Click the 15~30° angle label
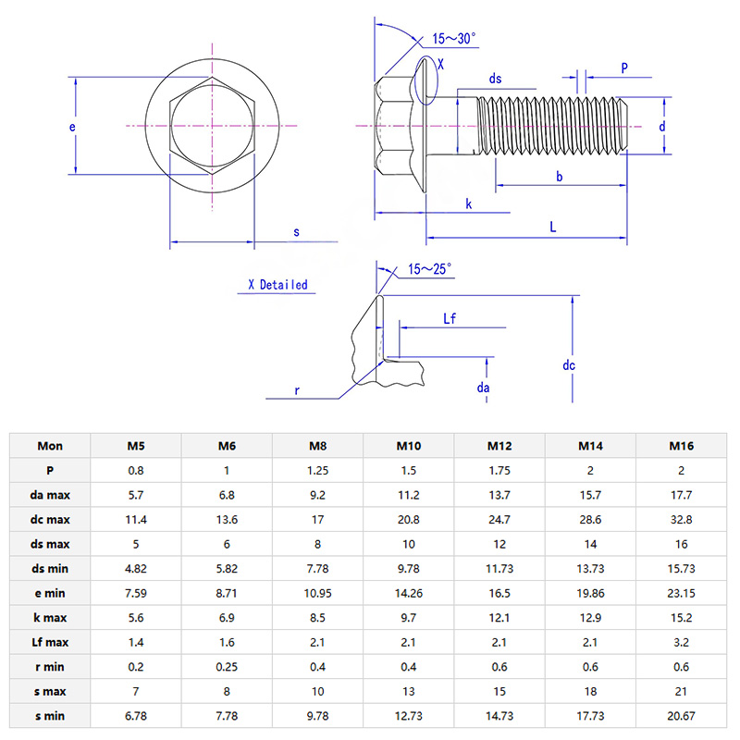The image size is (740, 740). pos(454,39)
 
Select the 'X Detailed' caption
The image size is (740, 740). pos(277,285)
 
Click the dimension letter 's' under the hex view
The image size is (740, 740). pos(297,232)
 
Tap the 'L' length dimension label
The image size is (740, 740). pos(553,227)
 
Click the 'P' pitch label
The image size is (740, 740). pos(624,68)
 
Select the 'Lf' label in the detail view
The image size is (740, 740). pos(450,319)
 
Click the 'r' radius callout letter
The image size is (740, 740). pos(297,391)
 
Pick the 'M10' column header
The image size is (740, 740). pos(408,446)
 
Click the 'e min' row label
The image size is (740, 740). pos(50,593)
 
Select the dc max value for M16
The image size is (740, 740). pos(682,519)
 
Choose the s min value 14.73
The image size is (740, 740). pos(499,715)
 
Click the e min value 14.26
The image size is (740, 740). pos(409,593)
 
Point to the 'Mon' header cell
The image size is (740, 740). pos(50,446)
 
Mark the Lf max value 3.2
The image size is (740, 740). pos(682,642)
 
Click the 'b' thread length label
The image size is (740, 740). pos(559,176)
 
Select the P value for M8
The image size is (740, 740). pos(317,470)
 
